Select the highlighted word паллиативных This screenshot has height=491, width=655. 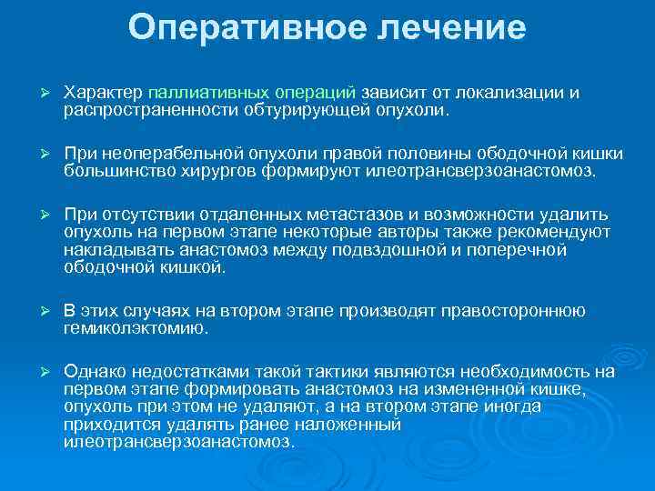pos(208,93)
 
